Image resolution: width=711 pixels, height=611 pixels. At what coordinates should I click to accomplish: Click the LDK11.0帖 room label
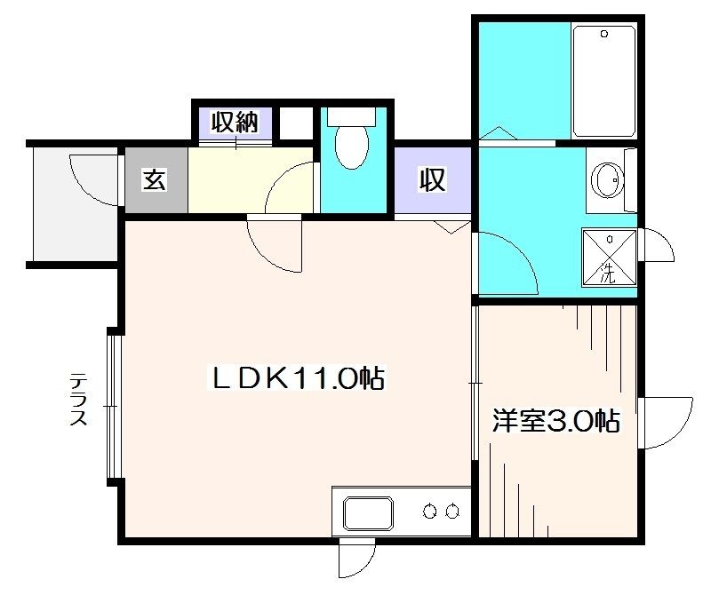point(295,379)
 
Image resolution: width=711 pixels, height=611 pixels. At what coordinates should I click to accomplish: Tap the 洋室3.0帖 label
point(556,421)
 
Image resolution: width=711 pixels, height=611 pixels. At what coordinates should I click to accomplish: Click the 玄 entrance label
point(155,180)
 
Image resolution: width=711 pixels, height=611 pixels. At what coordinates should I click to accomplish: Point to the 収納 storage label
point(234,122)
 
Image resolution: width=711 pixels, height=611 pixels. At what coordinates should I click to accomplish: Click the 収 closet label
point(432,181)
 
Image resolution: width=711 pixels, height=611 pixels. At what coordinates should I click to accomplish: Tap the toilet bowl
point(352,148)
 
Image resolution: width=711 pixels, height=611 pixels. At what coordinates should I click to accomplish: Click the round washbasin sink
point(610,182)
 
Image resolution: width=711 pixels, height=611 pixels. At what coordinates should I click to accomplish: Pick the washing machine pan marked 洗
point(610,258)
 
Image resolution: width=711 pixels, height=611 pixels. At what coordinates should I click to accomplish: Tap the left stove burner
point(431,511)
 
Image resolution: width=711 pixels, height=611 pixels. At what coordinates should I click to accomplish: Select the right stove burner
point(452,511)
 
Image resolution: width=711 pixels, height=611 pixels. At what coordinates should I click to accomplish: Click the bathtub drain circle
point(604,35)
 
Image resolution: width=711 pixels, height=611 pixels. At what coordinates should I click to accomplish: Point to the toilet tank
point(352,116)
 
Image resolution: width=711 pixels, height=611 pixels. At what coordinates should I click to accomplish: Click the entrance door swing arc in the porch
point(89,178)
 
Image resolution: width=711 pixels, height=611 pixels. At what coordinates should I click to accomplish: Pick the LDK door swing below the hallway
point(276,244)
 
